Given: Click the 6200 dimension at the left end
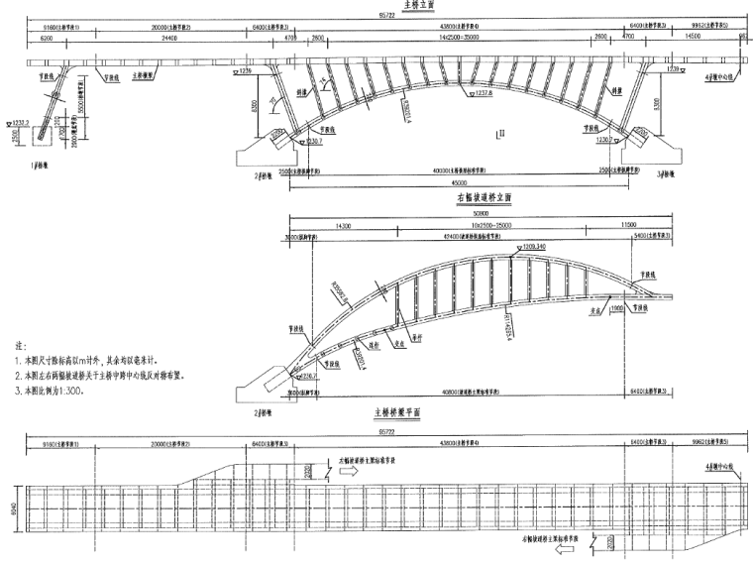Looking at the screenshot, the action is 43,38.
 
